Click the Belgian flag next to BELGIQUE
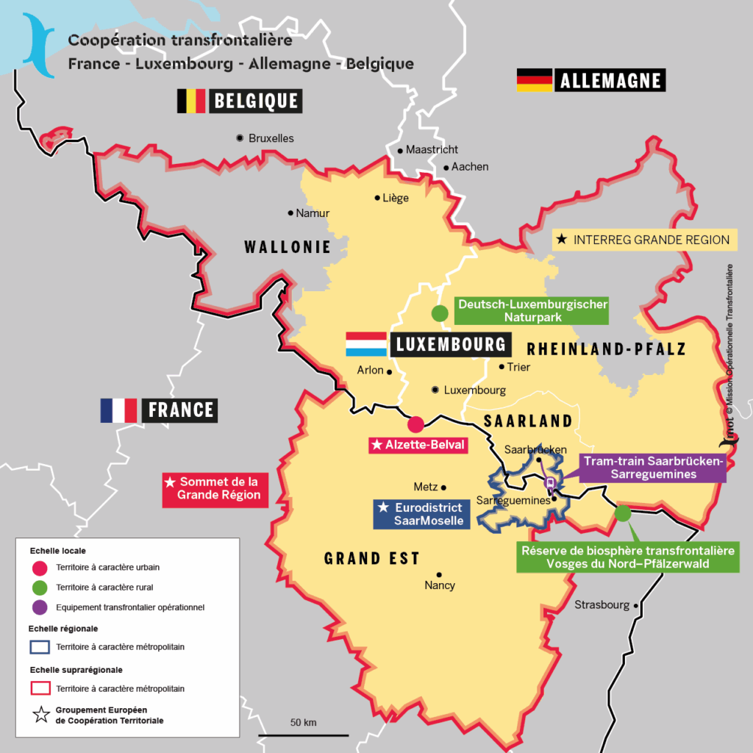(x=191, y=101)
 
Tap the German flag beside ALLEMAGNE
(x=535, y=80)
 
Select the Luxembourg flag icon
(x=366, y=344)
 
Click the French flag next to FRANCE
(x=119, y=410)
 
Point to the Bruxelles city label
(x=271, y=138)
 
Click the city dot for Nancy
(x=439, y=575)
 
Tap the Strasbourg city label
(x=602, y=605)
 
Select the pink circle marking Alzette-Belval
(x=415, y=424)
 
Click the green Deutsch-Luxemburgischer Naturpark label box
(x=532, y=310)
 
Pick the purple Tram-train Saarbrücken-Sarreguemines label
(x=653, y=468)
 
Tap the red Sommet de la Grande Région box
(x=214, y=488)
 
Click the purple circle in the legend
(x=41, y=607)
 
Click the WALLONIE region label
(x=288, y=247)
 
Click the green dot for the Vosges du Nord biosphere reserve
(x=623, y=513)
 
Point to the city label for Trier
(x=518, y=367)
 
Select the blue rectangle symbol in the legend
(x=41, y=647)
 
